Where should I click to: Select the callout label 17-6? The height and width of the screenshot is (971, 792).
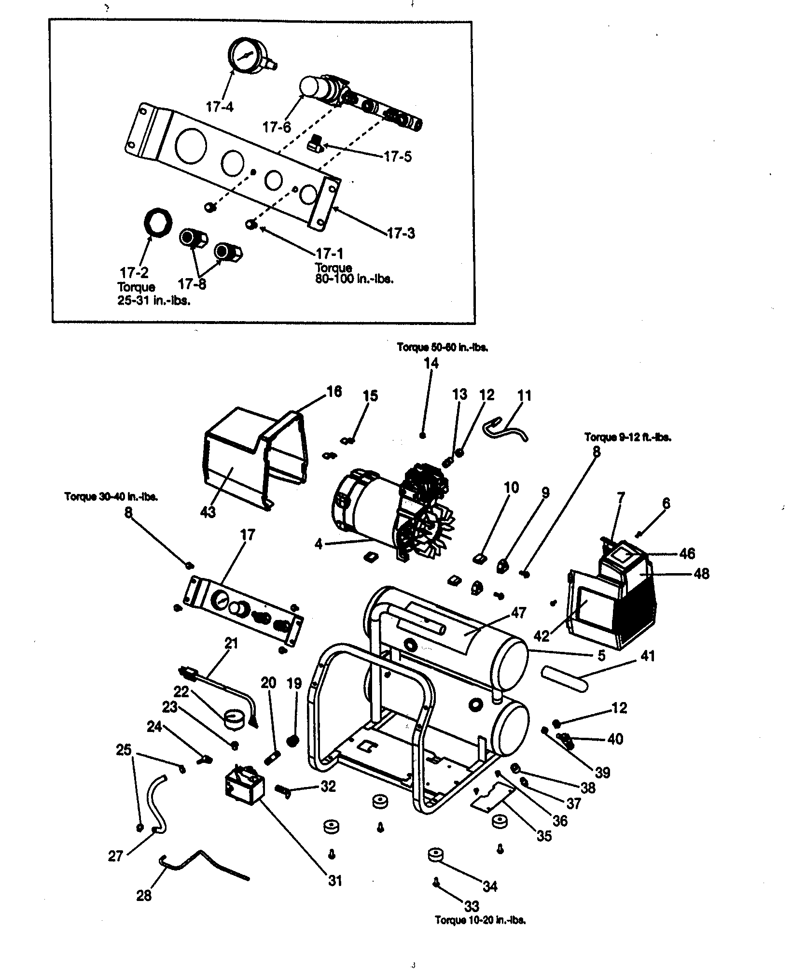[x=277, y=127]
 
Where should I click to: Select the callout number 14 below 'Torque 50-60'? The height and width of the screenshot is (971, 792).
[x=431, y=363]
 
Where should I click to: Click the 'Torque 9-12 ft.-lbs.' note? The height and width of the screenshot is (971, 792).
[x=627, y=437]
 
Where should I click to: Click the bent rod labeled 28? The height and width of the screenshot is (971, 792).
[x=203, y=863]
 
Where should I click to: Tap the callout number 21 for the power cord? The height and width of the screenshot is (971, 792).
[x=231, y=643]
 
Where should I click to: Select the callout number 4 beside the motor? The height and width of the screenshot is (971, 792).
[x=319, y=544]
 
